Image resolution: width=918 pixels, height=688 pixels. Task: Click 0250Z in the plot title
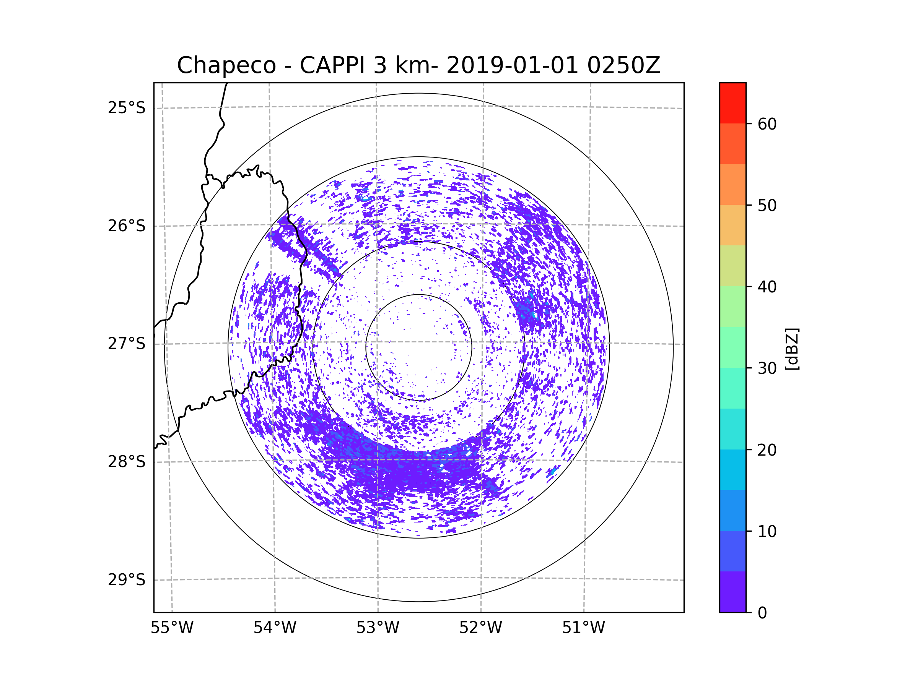tap(624, 65)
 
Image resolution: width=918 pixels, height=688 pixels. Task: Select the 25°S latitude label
tap(127, 108)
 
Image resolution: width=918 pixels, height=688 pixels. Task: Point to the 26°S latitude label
tap(127, 226)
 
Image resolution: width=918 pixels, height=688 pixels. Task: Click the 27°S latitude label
tap(127, 344)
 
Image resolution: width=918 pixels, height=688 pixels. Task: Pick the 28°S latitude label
tap(127, 462)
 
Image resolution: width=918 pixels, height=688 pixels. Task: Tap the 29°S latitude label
tap(127, 580)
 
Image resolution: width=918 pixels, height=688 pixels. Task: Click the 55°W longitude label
tap(172, 628)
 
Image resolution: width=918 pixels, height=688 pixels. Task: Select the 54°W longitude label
tap(275, 628)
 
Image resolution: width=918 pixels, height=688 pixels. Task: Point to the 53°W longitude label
tap(378, 628)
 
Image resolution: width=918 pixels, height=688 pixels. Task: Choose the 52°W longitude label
tap(480, 628)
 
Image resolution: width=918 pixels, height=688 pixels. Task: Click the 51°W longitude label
tap(583, 628)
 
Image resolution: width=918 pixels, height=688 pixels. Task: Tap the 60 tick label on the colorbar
tap(767, 124)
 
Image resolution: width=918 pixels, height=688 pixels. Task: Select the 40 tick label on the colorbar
tap(767, 287)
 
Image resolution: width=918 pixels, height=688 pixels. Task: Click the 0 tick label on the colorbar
tap(762, 613)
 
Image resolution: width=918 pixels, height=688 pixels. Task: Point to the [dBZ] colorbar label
tap(792, 349)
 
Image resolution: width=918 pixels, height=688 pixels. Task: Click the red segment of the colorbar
tap(733, 103)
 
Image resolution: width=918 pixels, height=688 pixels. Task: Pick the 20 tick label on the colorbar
tap(767, 450)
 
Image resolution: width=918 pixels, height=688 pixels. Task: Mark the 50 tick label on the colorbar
tap(767, 205)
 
